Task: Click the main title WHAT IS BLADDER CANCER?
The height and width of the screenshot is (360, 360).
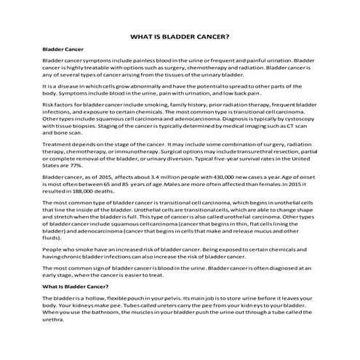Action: tap(180, 36)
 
